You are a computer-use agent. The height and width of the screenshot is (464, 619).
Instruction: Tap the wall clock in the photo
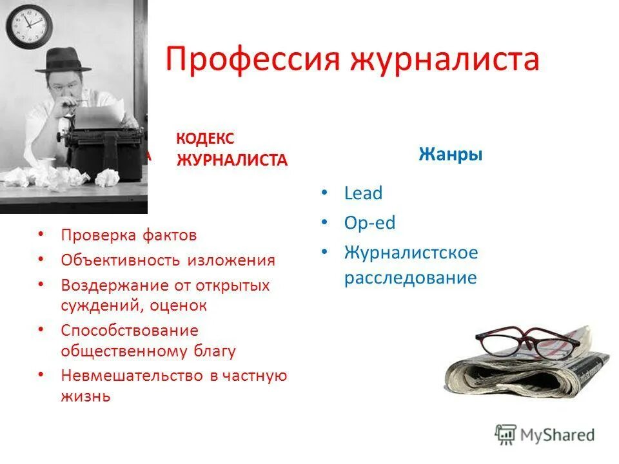point(28,25)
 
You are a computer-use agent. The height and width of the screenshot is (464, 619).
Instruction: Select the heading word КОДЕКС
point(205,139)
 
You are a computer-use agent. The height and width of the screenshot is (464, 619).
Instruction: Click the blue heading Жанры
point(451,155)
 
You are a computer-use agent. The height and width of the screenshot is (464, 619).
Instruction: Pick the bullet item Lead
point(363,193)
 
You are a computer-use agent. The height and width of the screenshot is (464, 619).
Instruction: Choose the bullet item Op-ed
point(369,224)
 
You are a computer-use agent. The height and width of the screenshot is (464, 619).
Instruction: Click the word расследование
point(410,278)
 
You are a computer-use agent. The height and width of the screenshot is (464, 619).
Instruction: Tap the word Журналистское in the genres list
point(411,252)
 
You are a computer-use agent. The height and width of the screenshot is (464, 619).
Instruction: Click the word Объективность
point(121,260)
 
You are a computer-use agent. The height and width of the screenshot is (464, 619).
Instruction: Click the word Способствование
point(129,330)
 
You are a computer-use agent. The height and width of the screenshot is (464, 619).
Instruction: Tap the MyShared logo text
point(558,435)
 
